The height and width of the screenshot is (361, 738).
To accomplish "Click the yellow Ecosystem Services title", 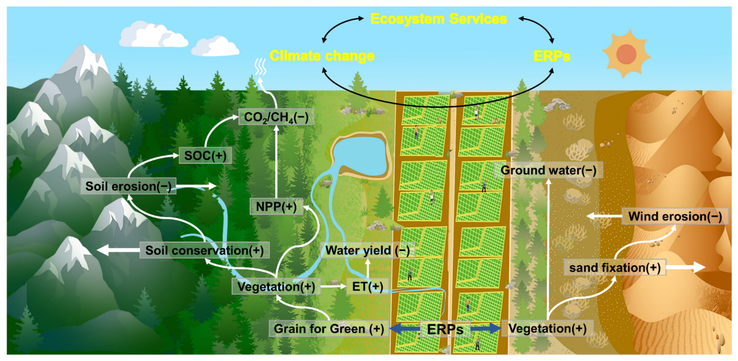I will [x=438, y=19].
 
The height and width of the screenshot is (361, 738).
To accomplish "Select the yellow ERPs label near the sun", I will [x=551, y=56].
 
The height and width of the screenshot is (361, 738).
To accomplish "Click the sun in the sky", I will [x=626, y=54].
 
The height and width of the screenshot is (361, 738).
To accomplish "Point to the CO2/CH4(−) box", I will [x=276, y=117].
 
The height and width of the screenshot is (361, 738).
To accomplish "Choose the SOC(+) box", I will [x=205, y=156].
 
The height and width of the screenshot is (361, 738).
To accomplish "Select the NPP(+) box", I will [x=276, y=206].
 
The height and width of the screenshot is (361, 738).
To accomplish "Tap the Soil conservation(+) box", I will [x=204, y=250].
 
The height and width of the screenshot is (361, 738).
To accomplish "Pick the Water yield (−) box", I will [x=367, y=250].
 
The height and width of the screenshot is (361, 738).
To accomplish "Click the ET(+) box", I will [x=367, y=286].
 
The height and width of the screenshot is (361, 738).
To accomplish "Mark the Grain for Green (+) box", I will [x=329, y=329].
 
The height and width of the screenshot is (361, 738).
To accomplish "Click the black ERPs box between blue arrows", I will [x=445, y=329].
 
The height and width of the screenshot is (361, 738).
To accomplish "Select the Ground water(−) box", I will [x=548, y=170].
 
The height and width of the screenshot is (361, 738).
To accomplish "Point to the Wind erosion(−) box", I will [x=675, y=216].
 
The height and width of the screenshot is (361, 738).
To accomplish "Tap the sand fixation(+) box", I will [x=614, y=268].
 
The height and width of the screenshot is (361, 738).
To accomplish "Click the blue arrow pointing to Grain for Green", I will [x=404, y=329].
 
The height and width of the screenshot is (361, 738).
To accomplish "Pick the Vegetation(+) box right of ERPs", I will [x=547, y=328].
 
